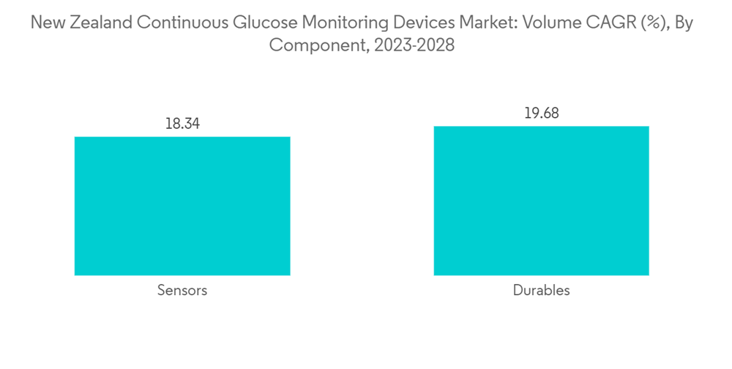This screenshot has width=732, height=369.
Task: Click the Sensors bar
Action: [182, 206]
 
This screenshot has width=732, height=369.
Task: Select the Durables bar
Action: [541, 201]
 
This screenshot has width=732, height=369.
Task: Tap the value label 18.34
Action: [182, 123]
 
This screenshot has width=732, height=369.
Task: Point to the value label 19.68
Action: [541, 113]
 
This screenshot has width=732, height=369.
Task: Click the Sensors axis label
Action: [182, 291]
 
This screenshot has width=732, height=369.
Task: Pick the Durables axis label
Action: [541, 291]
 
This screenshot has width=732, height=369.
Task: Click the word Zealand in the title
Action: [100, 23]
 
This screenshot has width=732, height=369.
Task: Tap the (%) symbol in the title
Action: [651, 23]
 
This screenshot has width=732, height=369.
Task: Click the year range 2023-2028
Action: [414, 45]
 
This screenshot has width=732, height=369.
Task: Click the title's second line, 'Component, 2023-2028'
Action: [362, 45]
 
